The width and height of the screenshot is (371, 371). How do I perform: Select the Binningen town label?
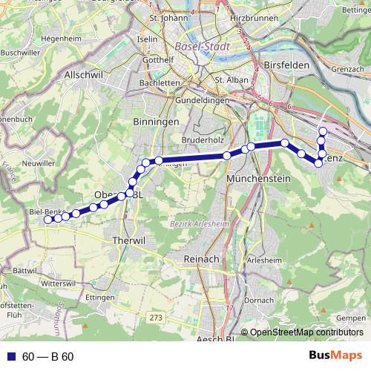(x=155, y=120)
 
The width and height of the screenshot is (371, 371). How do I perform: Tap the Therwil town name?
(x=125, y=241)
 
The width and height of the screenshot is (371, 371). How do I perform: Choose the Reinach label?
(x=200, y=258)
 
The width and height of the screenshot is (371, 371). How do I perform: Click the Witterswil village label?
(x=59, y=283)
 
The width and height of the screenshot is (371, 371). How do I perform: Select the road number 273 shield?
(x=155, y=318)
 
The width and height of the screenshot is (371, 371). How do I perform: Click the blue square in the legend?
(x=11, y=356)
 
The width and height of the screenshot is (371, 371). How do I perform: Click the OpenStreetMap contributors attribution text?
(x=306, y=332)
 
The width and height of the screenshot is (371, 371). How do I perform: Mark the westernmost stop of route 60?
(x=48, y=219)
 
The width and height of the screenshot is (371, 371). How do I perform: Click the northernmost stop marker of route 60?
(x=322, y=131)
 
